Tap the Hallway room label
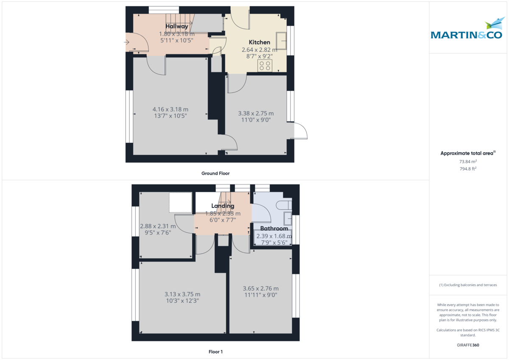(x=176, y=26)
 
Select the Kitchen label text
(x=259, y=42)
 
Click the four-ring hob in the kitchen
(x=265, y=66)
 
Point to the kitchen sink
(x=282, y=41)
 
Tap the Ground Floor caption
(x=215, y=173)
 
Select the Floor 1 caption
(x=215, y=352)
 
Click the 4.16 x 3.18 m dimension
(x=171, y=109)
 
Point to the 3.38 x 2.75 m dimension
(x=256, y=113)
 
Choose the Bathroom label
(x=274, y=229)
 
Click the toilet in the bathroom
(x=283, y=205)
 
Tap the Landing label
(x=223, y=206)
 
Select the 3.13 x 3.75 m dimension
(x=182, y=294)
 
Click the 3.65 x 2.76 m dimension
(x=260, y=288)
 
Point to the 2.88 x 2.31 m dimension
(x=158, y=226)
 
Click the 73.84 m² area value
(x=468, y=162)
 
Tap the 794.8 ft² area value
(x=468, y=168)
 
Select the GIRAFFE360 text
(x=468, y=345)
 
